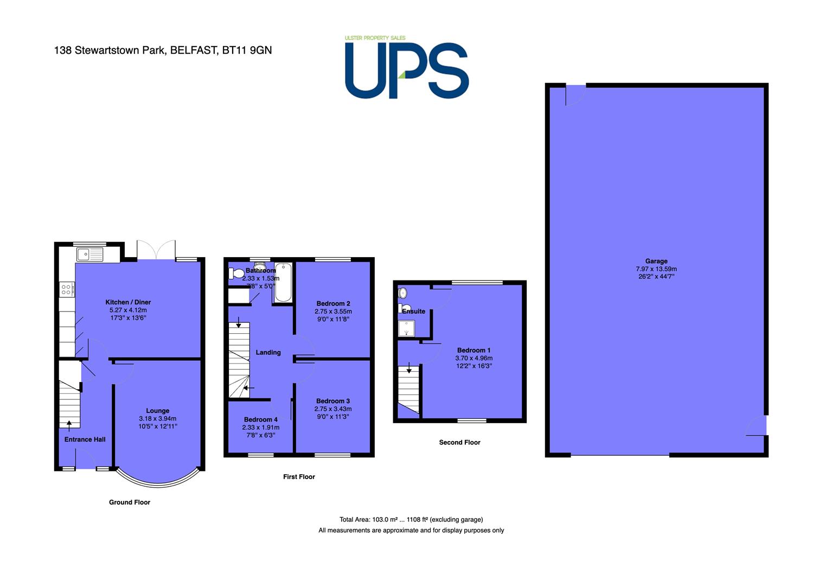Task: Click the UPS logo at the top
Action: click(407, 67)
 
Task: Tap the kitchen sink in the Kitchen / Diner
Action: click(90, 254)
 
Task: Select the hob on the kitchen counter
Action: click(67, 289)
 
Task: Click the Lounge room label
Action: click(158, 411)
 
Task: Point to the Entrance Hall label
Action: click(85, 439)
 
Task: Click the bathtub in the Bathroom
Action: click(283, 282)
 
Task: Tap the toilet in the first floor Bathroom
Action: click(236, 273)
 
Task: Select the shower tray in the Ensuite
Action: click(406, 328)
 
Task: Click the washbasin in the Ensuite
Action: click(402, 293)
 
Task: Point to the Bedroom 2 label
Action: click(333, 304)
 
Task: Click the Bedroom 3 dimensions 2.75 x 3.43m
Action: click(333, 409)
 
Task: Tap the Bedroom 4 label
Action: click(261, 419)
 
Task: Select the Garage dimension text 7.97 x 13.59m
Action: click(656, 269)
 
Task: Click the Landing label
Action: click(268, 352)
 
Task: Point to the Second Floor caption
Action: click(459, 442)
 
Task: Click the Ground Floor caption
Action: click(130, 502)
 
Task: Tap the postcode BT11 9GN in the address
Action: click(247, 50)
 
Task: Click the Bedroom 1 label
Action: click(474, 350)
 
